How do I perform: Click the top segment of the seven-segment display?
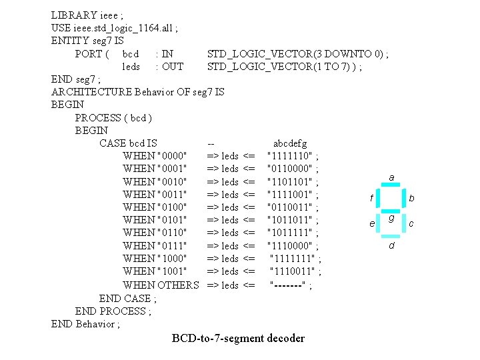391,187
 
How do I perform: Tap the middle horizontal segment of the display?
391,213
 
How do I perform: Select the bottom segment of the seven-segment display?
391,236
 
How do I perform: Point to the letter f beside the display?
371,199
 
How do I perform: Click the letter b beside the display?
411,199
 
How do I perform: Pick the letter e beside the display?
372,224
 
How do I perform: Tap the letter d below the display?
392,247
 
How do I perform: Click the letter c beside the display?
411,224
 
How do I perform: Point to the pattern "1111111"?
292,258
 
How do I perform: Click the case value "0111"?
171,245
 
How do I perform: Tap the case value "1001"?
171,271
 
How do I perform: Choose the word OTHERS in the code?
178,285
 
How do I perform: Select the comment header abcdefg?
290,143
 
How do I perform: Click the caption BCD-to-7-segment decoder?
238,338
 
